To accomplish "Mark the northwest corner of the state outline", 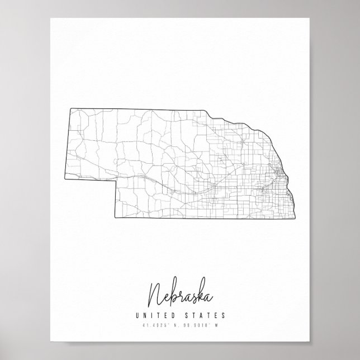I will coord(70,107).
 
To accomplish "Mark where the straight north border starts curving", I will coord(211,112).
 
